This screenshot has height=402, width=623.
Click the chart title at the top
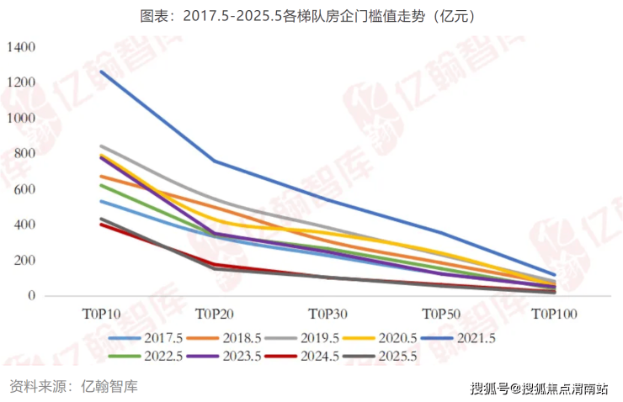[x=311, y=16]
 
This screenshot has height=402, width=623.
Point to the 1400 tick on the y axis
[x=21, y=48]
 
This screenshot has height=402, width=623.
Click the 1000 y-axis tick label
[x=21, y=119]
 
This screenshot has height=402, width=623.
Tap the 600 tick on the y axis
[x=24, y=189]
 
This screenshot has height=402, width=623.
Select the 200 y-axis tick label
[x=24, y=260]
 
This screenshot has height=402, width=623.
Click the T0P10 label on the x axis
[x=101, y=314]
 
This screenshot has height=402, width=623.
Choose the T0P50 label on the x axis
[x=441, y=314]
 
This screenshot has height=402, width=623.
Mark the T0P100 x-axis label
[x=555, y=314]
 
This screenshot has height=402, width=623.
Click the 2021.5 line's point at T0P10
[x=101, y=71]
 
